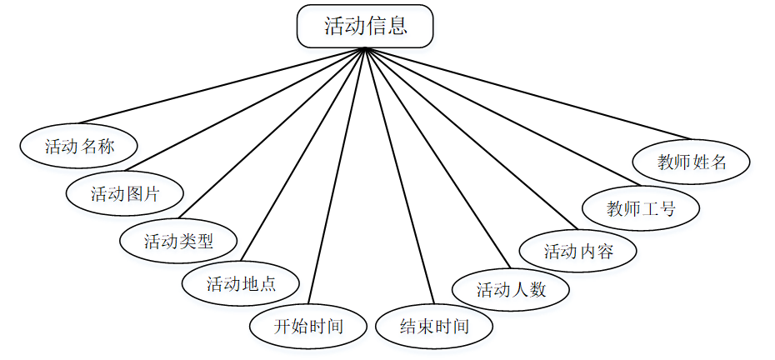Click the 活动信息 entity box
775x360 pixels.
(x=365, y=26)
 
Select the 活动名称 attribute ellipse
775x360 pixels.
(x=79, y=147)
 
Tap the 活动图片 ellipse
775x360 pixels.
(x=124, y=194)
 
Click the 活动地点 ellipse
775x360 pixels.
(x=241, y=283)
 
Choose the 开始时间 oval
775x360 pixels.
(x=308, y=325)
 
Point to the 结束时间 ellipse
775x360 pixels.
(x=434, y=325)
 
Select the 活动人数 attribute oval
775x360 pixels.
(x=511, y=289)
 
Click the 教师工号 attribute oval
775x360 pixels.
(x=641, y=208)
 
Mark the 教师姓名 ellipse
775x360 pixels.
(x=692, y=162)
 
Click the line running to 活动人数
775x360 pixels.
(x=437, y=156)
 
